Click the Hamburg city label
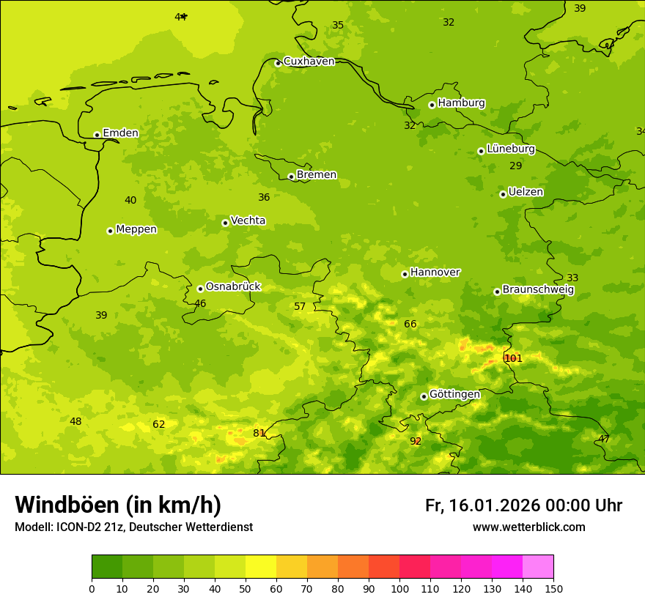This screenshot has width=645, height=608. [461, 103]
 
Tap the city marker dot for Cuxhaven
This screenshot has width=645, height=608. [278, 63]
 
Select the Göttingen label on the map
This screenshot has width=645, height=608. [454, 394]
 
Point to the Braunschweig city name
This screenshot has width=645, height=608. [538, 290]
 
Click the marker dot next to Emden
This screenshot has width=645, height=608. [97, 135]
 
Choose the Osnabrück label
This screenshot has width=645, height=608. [233, 286]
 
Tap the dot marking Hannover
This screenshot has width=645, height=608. [405, 274]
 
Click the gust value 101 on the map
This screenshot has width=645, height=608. [514, 358]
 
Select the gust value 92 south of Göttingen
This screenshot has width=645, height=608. [416, 441]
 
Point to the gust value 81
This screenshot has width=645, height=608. [259, 433]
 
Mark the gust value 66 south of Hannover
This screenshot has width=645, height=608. [410, 324]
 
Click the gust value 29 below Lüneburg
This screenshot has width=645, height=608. [516, 166]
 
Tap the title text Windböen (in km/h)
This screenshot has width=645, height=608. [118, 505]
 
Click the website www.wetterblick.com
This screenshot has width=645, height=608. [528, 527]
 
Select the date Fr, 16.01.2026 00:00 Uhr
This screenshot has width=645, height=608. [523, 505]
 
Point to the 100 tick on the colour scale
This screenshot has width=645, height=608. [399, 588]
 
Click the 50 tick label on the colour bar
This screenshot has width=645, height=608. [246, 588]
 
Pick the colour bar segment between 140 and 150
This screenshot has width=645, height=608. [538, 567]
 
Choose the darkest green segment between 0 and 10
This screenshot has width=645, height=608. [107, 567]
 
